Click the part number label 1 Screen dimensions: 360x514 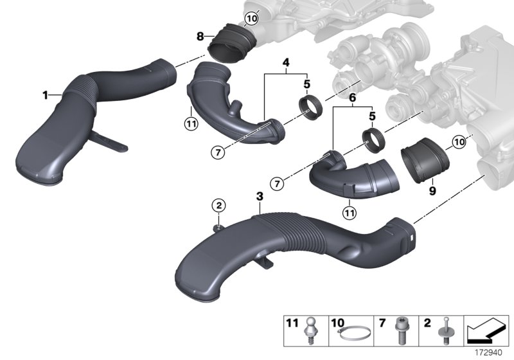[46, 95]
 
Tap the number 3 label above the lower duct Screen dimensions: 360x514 [259, 194]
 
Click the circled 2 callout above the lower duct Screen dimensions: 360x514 [219, 206]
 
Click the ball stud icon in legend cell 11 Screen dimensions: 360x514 [313, 333]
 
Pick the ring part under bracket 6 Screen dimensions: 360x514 [372, 139]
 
